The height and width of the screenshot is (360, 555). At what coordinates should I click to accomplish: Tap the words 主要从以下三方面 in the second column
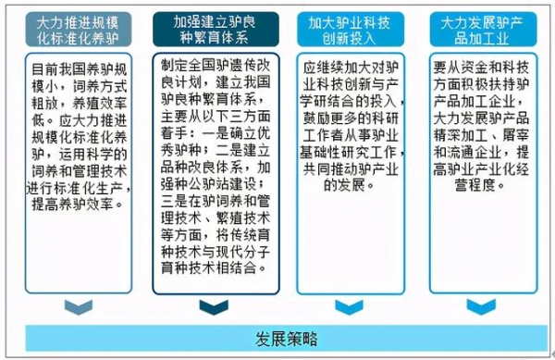click(x=214, y=118)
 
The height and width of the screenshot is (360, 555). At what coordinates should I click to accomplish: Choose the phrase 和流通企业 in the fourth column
click(x=462, y=151)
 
